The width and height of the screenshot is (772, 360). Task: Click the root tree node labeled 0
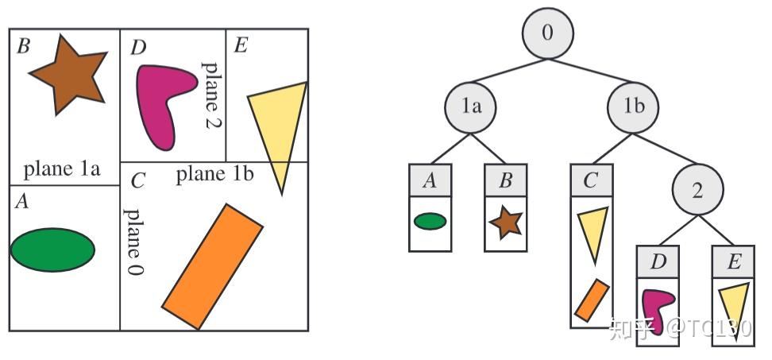pos(547,33)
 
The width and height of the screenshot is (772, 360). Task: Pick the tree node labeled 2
pos(697,191)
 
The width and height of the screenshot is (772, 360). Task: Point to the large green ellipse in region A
pos(52,250)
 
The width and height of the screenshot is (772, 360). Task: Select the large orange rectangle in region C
pos(212,266)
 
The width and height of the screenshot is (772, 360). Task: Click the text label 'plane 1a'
pos(62,168)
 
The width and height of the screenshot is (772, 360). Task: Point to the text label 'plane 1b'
pos(214,173)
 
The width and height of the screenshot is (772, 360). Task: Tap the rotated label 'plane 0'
pos(135,242)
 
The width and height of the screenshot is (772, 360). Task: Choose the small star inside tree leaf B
pos(505,223)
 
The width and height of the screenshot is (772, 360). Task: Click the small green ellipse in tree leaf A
pos(430,221)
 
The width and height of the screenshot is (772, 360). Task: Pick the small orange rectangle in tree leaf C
pos(592,300)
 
